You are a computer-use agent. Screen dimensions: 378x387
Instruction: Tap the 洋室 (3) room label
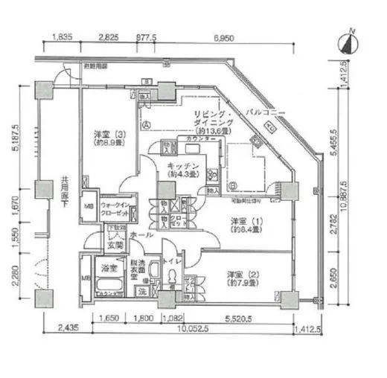pyautogui.click(x=105, y=138)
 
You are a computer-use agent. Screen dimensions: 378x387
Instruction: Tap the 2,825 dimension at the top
pyautogui.click(x=109, y=36)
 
